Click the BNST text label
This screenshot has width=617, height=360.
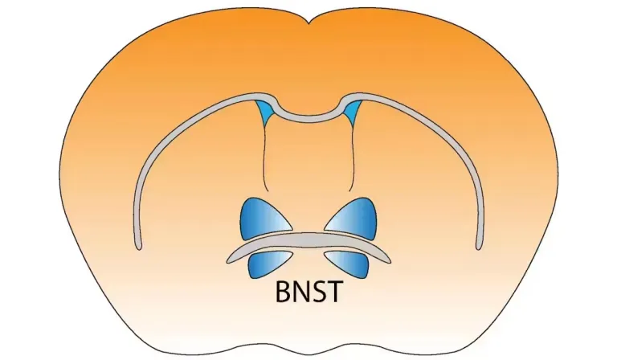[308, 292]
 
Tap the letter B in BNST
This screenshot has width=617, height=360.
[283, 292]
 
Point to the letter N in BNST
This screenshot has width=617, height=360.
[300, 292]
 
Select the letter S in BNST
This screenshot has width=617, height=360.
[317, 292]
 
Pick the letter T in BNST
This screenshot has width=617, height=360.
[333, 292]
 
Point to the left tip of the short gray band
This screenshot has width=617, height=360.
[228, 260]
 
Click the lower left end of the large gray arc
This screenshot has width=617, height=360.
[138, 247]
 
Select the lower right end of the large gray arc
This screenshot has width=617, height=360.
[479, 247]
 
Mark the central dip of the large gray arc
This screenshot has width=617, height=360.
[308, 117]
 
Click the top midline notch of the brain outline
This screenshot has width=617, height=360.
[308, 22]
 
